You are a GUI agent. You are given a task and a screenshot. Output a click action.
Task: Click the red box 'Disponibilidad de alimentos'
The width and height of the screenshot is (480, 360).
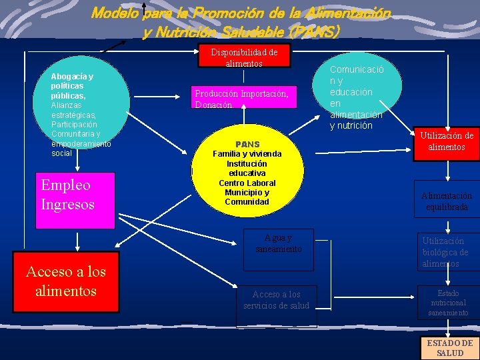pos(244,57)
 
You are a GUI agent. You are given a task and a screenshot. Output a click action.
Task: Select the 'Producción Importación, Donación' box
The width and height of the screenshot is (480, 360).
pos(241,99)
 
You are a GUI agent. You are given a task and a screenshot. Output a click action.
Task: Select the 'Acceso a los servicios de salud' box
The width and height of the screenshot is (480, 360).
pos(276,300)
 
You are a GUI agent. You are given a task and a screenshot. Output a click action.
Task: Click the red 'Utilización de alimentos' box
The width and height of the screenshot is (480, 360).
pos(446,141)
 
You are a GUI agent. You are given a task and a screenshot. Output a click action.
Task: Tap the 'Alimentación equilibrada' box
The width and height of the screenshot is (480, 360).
pos(446,200)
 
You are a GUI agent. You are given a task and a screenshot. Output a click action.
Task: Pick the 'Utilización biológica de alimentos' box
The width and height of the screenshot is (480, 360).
pos(446,252)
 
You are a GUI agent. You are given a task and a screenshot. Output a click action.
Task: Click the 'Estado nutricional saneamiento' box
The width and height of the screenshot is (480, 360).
pos(448,302)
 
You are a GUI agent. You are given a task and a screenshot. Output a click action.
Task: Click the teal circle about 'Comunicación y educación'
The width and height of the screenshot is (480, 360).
pos(357,93)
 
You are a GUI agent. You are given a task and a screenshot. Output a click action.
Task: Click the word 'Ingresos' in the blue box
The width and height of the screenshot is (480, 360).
pos(68,203)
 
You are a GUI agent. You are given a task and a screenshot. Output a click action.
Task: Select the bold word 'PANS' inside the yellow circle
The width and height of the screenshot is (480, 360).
pos(247,144)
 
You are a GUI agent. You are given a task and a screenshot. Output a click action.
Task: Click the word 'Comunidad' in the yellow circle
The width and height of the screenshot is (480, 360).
pos(247,202)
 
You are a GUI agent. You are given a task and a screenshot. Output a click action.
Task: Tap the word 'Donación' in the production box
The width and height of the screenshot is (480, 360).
pos(213,105)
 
